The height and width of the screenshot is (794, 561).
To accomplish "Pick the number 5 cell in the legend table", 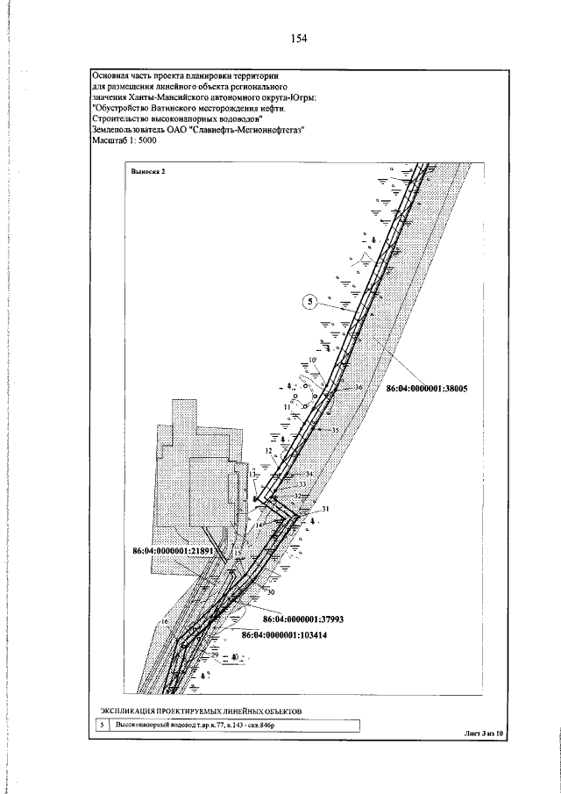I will point(102,726).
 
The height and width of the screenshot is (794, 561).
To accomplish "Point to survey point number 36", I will point(359,387).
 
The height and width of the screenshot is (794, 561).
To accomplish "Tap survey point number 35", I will point(334,430).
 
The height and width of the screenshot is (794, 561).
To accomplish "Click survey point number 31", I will point(324,510).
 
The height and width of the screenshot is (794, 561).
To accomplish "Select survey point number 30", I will point(271,593).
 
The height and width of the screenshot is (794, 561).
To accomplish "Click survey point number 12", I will point(269,450).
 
